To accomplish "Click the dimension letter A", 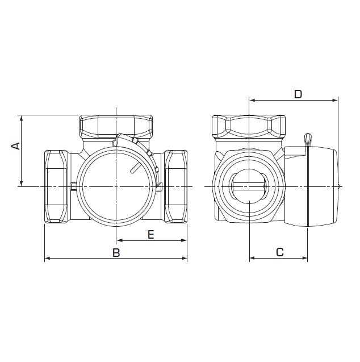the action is pos(16,146).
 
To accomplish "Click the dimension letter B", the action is pos(116,252).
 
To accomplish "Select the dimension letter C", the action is pos(280,252).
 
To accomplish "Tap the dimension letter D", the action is pos(298,94).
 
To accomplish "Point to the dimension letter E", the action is pos(150,235).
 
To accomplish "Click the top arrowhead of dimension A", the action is pos(22,118).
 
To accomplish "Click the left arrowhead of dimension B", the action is pos(47,258).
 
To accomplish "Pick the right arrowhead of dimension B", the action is pos(184,258).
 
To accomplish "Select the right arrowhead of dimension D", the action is pos(334,100).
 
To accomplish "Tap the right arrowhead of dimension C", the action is pos(304,257).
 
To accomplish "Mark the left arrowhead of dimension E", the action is pos(119,240).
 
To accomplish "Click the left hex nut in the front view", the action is pos(56,186).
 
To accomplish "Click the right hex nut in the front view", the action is pos(175,186).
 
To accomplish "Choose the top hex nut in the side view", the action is pos(249,127).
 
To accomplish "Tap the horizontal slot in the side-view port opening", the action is pos(249,186).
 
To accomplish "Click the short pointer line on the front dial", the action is pos(135,168).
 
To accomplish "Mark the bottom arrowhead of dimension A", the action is pos(22,183).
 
